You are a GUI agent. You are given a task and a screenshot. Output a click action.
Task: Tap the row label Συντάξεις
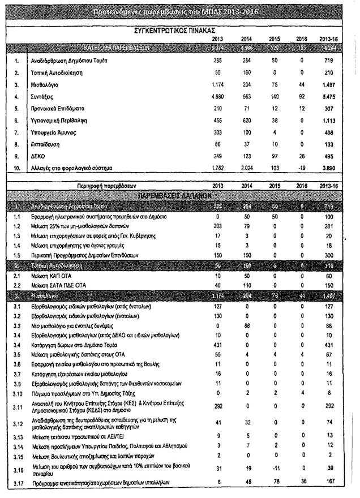pyautogui.click(x=45, y=96)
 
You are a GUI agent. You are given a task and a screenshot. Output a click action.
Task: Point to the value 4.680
pyautogui.click(x=217, y=96)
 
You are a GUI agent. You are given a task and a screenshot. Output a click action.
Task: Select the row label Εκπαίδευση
pyautogui.click(x=47, y=144)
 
